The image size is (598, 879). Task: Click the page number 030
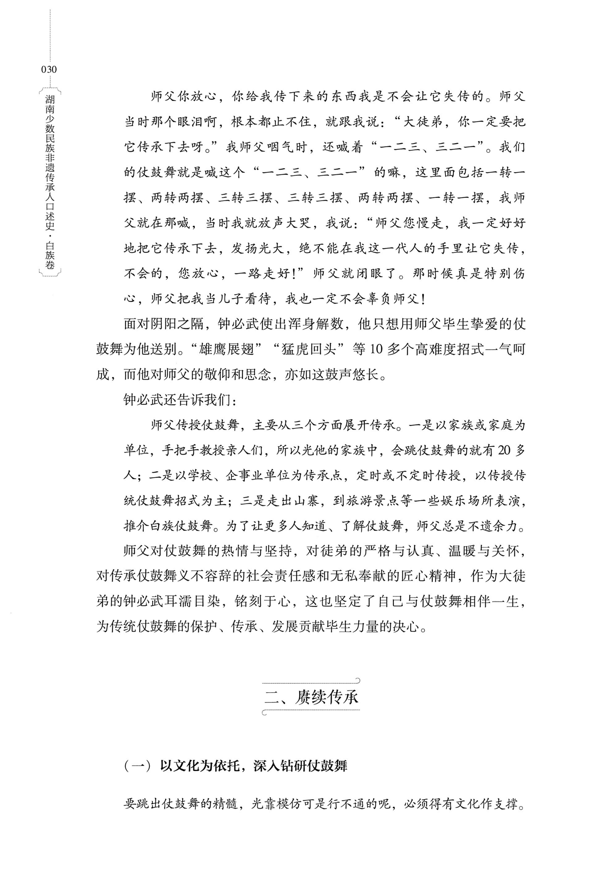[49, 69]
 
